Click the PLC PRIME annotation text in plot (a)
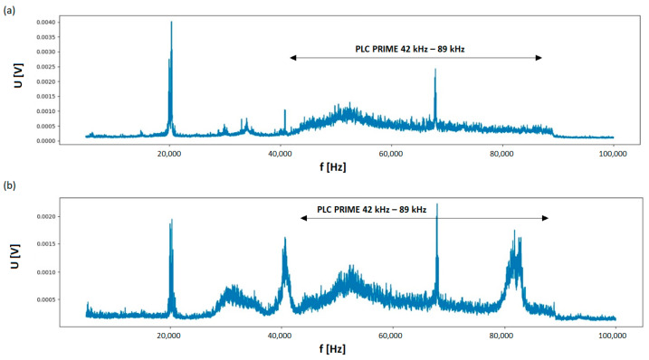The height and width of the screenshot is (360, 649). (x=415, y=49)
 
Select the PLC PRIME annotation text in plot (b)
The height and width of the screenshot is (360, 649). (x=371, y=210)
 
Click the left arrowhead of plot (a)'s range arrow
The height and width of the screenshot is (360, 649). (x=292, y=58)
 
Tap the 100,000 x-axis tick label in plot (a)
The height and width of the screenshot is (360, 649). (x=613, y=155)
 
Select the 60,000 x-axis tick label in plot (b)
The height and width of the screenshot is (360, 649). (x=391, y=335)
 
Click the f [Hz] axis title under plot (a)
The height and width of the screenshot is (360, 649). (x=331, y=166)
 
